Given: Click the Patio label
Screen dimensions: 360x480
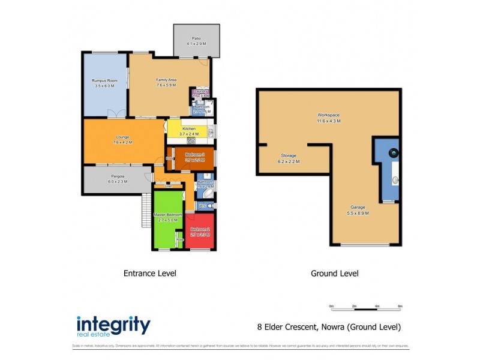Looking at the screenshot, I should point(197,38).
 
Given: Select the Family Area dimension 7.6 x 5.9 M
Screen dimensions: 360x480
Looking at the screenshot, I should point(166,85).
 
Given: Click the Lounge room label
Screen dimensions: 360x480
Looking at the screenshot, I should point(122,137).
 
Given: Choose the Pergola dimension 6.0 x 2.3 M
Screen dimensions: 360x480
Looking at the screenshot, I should point(117,181).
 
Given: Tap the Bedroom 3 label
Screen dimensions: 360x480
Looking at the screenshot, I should point(195,155).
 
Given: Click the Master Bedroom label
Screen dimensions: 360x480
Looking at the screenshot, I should point(167,215).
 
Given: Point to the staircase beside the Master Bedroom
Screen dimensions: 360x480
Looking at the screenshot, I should point(146,209).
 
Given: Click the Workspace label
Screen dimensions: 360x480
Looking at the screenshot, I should point(329,115).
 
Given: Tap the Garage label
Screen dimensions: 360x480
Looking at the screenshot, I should point(358,208).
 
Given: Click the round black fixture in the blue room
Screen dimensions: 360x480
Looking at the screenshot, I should point(394,153).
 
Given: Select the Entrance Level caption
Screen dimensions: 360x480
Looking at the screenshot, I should point(149,273).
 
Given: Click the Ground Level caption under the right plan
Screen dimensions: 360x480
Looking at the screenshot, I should point(334,273).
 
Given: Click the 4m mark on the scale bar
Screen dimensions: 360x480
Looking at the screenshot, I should point(377,306).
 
